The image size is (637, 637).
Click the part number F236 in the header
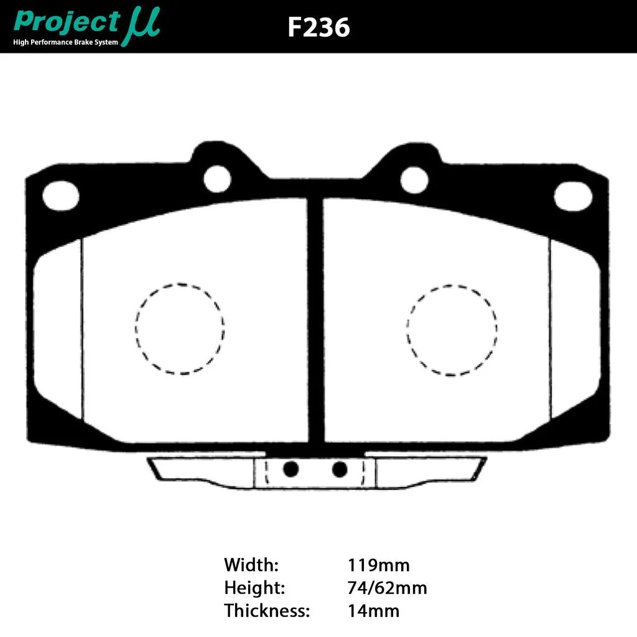coord(318,27)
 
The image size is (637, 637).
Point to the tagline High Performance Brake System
coord(65,42)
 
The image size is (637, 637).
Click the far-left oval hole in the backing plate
coord(61,195)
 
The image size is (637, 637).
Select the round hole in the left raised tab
coord(217,179)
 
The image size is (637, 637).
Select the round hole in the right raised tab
coord(414,180)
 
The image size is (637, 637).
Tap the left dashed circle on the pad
coord(180,328)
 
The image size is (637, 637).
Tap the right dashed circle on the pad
coord(452,330)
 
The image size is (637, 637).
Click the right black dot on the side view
coord(340,469)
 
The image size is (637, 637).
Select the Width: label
coord(251,565)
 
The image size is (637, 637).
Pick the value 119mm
coord(378,565)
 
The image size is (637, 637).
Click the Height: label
coord(254,588)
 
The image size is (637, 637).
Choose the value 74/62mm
coord(387,588)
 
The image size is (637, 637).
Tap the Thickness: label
coord(266,610)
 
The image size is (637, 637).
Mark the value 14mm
coord(373,610)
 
